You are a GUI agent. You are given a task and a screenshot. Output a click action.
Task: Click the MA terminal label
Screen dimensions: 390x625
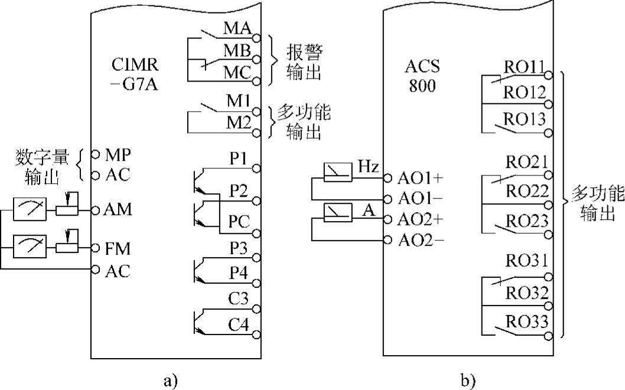(x=238, y=28)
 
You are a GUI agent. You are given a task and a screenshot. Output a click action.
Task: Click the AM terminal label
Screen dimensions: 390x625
(x=118, y=209)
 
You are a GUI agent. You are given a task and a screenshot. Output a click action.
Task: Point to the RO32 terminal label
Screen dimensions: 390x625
(x=525, y=293)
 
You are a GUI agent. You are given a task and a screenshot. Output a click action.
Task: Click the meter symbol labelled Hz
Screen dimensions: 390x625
(x=338, y=172)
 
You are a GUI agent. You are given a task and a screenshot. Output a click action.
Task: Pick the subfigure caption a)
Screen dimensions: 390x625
(x=171, y=379)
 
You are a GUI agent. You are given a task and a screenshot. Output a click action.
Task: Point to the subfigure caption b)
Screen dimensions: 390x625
(x=468, y=379)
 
